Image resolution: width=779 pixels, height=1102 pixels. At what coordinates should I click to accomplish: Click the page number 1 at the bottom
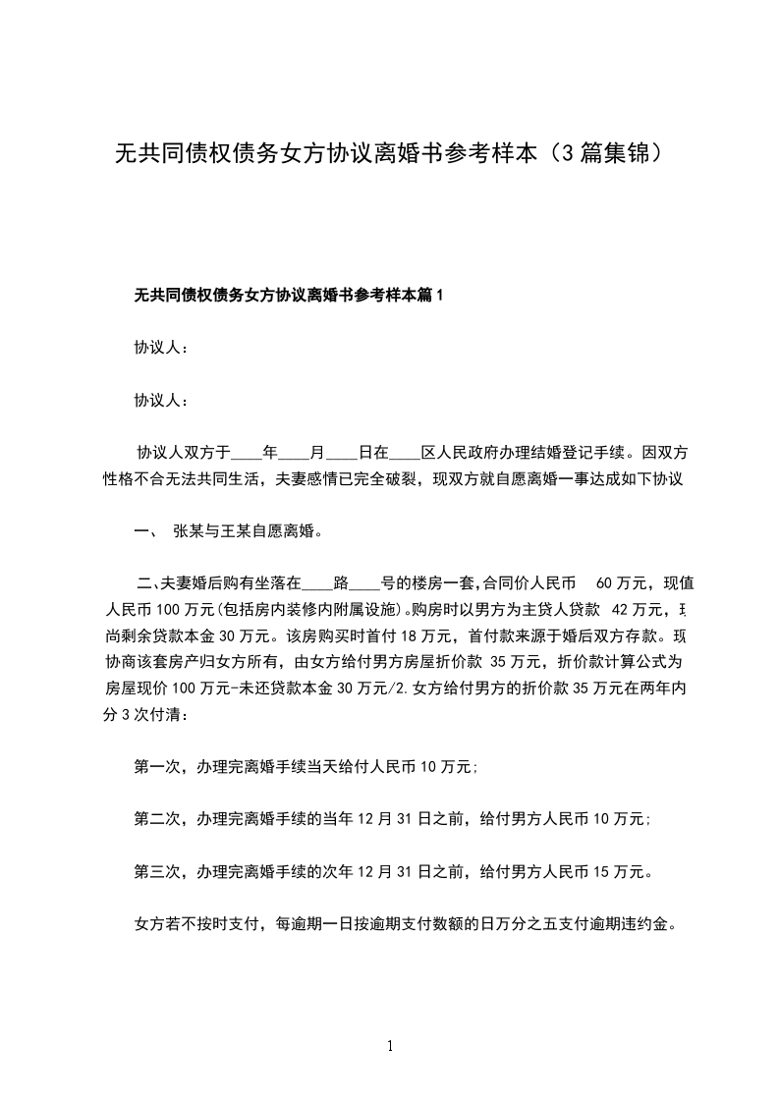[x=391, y=1045]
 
